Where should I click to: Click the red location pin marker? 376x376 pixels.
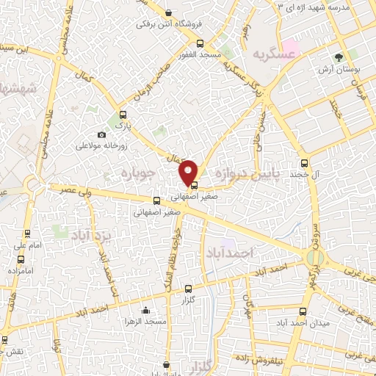[189, 171]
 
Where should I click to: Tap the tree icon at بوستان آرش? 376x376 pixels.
[339, 56]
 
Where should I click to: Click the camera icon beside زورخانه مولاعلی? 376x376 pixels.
[101, 135]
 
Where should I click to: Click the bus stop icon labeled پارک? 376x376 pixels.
[123, 115]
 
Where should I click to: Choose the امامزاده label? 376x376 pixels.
[20, 271]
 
